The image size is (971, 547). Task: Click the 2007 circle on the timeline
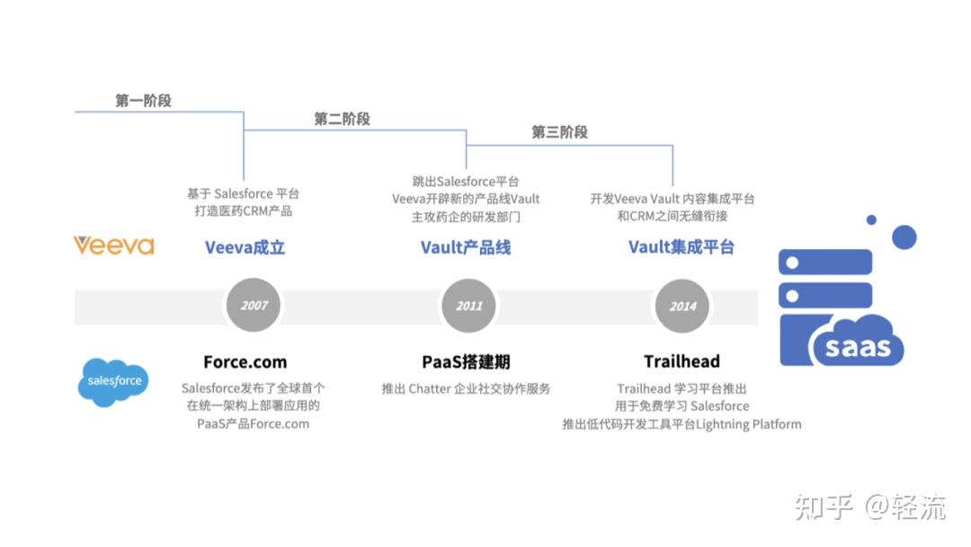pos(254,306)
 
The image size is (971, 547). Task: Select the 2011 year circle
pos(468,306)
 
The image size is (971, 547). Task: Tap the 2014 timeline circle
pos(682,306)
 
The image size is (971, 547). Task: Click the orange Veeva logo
pos(114,246)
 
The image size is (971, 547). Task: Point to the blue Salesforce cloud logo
pos(114,381)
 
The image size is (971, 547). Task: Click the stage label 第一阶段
pos(143,101)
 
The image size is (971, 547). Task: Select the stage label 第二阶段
pos(342,119)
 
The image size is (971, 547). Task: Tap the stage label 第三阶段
pos(559,132)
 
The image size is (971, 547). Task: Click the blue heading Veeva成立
pos(245,247)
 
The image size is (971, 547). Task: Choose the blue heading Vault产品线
pos(466,247)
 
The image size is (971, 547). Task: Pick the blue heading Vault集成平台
pos(681,247)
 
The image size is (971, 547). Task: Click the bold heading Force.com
pos(245,362)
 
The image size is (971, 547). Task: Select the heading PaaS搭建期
pos(466,362)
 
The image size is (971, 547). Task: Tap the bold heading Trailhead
pos(681,362)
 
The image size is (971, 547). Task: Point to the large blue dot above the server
pos(904,238)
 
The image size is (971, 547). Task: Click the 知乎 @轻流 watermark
pos(869,507)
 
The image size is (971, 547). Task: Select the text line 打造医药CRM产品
pos(244,211)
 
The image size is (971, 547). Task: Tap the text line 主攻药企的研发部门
pos(466,217)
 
